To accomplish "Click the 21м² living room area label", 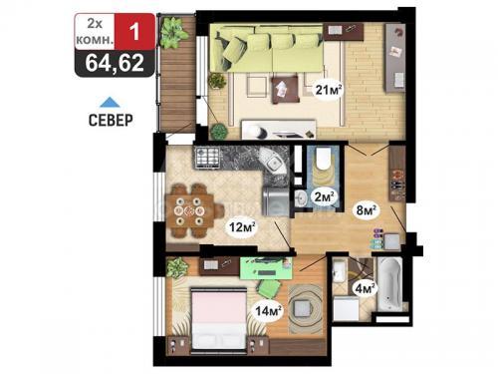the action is tap(329, 89).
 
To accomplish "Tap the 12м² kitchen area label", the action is tap(242, 227).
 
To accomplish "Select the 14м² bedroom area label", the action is tap(269, 311).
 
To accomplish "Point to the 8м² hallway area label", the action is tap(367, 210).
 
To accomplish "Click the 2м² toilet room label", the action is tap(324, 197).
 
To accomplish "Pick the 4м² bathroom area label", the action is tap(365, 288).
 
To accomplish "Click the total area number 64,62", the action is tap(115, 63).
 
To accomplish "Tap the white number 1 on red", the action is tap(134, 32).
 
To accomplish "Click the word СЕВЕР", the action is tap(111, 120).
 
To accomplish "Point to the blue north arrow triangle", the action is tap(110, 103).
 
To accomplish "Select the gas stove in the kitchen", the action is tap(208, 158).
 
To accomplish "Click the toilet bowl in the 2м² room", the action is tap(323, 160).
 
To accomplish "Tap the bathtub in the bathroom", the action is tap(389, 284).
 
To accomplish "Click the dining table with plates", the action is tap(190, 210).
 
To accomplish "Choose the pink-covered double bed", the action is tap(219, 318).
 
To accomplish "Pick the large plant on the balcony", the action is tap(173, 32).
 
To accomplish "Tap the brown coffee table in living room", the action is tap(285, 89).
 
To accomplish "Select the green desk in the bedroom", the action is tap(266, 267).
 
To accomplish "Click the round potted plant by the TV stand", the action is tap(219, 131).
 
